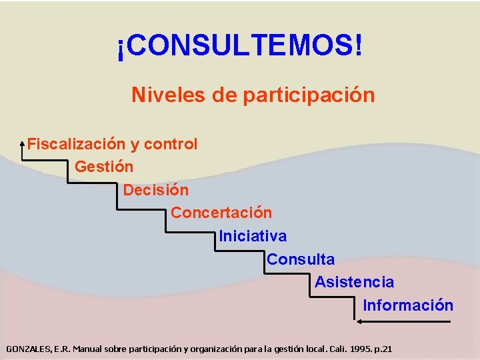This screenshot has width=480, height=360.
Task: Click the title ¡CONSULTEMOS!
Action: [x=240, y=47]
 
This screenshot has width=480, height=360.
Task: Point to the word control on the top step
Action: [x=171, y=144]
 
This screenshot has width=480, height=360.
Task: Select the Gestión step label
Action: [x=104, y=167]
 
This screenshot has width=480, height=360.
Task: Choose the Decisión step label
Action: [x=156, y=190]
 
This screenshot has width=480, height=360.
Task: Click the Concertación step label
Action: [x=221, y=213]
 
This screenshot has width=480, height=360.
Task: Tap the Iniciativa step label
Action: [x=253, y=237]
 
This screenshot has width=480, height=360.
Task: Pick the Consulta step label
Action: [x=301, y=259]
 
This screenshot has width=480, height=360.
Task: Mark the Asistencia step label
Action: [x=354, y=283]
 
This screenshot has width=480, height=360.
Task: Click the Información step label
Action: [x=408, y=306]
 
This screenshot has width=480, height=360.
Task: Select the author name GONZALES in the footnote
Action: [x=27, y=349]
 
